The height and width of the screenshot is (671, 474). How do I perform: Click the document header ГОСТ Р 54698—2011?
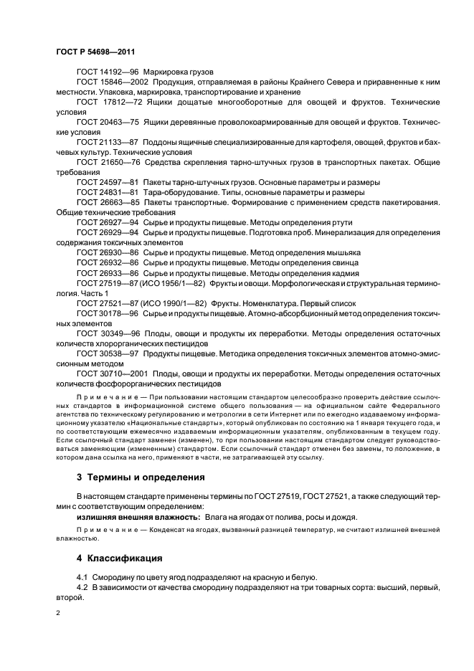tap(95, 52)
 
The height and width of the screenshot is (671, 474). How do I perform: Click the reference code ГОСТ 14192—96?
tap(108, 72)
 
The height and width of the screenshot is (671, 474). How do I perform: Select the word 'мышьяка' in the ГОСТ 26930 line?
tap(343, 252)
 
